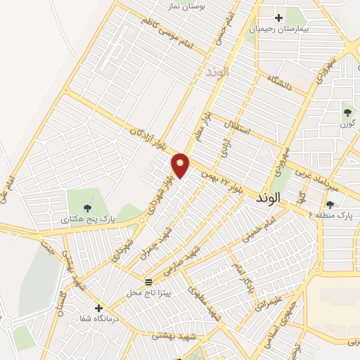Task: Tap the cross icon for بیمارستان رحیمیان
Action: (x=279, y=18)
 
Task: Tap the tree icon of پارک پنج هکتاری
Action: (x=87, y=207)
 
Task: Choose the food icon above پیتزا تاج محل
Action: (x=148, y=281)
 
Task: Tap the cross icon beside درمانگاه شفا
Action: (x=98, y=308)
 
